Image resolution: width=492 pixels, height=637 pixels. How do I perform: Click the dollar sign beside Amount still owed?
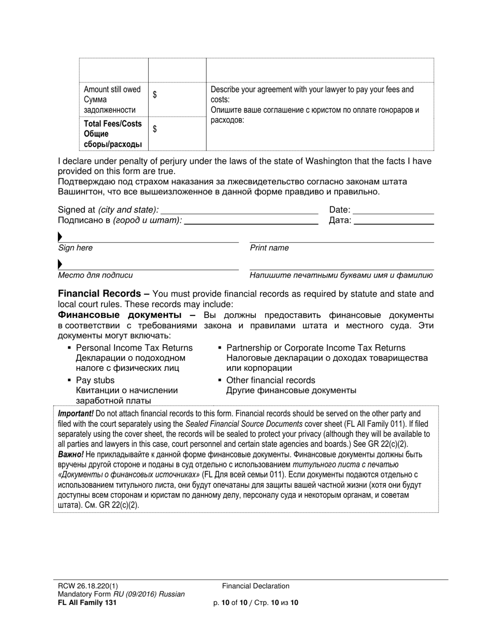pos(155,95)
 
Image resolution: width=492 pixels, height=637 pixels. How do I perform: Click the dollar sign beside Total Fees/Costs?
pos(155,129)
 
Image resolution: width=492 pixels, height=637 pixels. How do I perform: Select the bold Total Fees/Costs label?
pos(112,124)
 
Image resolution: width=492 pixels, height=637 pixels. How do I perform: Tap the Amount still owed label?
pos(112,90)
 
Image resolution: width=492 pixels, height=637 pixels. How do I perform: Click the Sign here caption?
pos(76,248)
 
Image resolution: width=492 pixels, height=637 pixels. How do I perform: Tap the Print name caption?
pos(269,248)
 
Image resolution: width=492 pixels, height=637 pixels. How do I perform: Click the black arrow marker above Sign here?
pos(60,237)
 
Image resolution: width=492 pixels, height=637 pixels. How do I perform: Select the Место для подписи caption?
pos(95,276)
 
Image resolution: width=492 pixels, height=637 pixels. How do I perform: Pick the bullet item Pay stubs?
pos(95,381)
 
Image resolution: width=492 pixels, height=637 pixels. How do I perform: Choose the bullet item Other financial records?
pos(270,381)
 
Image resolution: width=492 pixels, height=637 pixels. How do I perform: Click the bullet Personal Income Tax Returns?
pos(134,348)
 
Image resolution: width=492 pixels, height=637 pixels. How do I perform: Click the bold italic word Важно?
pos(71,454)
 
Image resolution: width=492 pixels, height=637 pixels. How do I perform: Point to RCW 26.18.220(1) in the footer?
pos(91,586)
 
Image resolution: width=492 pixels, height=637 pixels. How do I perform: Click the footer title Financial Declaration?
pos(256,586)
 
